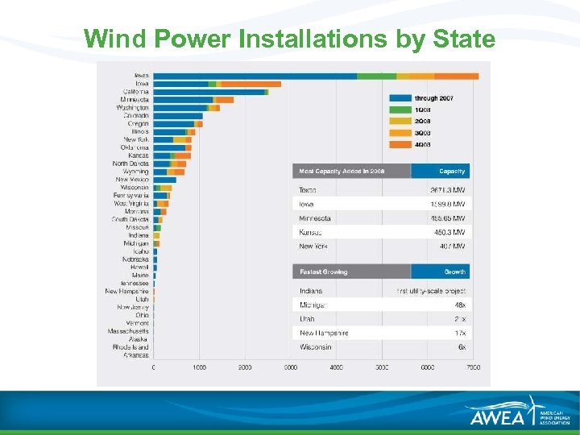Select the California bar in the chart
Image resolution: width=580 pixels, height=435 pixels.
click(209, 92)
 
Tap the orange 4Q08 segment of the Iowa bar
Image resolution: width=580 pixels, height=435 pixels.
click(251, 84)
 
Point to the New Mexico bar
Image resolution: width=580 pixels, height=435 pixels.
click(164, 180)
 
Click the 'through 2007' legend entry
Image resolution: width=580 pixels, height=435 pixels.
click(433, 98)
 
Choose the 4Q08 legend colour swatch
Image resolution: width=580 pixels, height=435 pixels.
click(400, 144)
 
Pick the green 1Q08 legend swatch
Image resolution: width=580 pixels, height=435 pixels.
click(400, 110)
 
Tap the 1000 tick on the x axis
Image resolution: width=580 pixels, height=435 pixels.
click(199, 367)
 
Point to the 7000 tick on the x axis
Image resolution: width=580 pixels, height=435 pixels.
click(473, 367)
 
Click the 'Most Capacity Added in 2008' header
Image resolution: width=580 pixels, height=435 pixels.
click(342, 172)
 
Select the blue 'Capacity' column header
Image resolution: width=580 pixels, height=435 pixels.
click(452, 172)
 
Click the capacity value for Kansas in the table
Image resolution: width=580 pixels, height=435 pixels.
click(447, 232)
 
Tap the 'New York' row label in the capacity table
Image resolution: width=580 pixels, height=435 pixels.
click(313, 246)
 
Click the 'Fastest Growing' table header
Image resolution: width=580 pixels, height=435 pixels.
click(324, 272)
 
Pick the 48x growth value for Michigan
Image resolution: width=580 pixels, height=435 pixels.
click(459, 305)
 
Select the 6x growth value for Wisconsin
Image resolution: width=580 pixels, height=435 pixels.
click(461, 347)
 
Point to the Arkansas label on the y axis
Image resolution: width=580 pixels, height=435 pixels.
click(136, 355)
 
